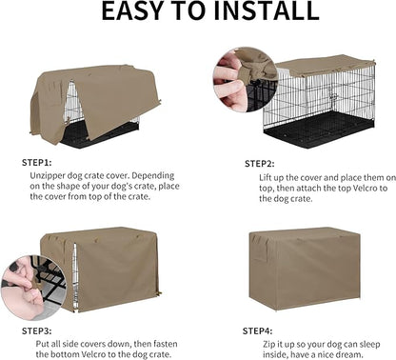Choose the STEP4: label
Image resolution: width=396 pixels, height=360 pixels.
259,330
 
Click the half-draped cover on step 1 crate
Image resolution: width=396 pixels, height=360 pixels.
95,94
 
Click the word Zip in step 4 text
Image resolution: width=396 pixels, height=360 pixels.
265,344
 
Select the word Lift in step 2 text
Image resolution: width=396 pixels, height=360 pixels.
266,177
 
